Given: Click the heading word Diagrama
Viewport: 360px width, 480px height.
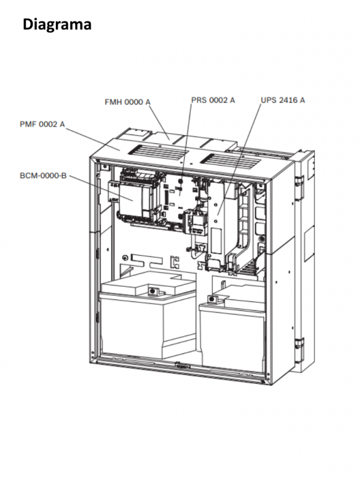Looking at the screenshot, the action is [57, 25].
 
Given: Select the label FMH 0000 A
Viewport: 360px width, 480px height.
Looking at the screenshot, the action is [128, 102].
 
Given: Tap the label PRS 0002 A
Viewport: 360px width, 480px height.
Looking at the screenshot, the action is [213, 100].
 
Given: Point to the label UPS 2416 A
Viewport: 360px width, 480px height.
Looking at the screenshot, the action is [283, 100].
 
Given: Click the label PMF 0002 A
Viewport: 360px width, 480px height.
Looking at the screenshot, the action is [42, 124].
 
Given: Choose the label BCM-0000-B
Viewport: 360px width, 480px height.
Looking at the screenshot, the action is [43, 176].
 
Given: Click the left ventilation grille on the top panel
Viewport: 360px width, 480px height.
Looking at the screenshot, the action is [158, 151].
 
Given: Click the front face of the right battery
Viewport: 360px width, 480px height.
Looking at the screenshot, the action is [232, 339].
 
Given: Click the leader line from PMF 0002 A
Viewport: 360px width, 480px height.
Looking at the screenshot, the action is [92, 139].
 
